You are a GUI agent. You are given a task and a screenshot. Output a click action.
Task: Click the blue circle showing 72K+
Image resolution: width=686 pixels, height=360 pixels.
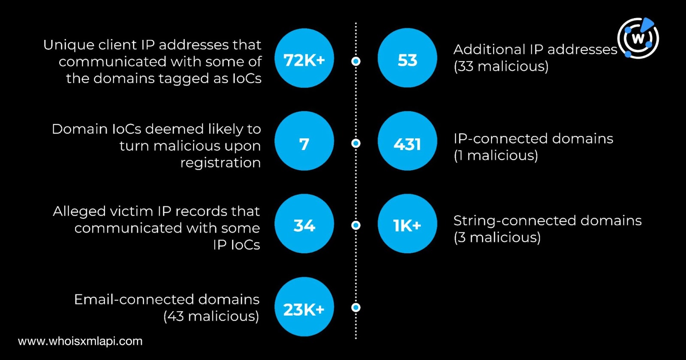click(304, 58)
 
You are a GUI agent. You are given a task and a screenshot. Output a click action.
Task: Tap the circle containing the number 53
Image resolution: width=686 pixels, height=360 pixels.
click(407, 58)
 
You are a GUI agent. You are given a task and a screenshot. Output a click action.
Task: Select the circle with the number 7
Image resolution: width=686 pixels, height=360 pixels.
click(304, 141)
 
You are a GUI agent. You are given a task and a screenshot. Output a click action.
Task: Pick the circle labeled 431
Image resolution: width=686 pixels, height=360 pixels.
click(407, 141)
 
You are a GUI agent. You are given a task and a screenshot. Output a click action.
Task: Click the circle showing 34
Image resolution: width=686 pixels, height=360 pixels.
click(304, 224)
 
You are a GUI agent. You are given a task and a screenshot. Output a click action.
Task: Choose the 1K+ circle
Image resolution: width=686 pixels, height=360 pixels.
click(407, 224)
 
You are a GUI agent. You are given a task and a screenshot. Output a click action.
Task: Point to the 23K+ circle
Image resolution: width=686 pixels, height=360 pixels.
click(304, 307)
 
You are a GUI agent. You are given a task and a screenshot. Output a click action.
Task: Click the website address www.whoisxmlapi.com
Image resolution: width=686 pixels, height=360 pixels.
click(80, 341)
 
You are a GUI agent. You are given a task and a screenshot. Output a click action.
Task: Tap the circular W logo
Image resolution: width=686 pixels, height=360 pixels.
click(638, 38)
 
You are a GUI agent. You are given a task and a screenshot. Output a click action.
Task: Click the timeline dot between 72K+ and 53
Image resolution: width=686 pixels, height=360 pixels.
click(356, 61)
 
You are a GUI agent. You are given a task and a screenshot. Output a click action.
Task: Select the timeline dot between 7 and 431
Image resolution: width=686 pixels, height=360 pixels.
click(356, 143)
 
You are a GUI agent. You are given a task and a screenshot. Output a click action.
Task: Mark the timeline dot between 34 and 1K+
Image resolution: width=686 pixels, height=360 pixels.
click(356, 225)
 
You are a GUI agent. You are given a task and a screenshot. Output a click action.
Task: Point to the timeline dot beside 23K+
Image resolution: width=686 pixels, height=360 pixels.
click(356, 307)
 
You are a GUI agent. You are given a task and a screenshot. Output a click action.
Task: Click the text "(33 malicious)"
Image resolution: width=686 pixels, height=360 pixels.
click(501, 66)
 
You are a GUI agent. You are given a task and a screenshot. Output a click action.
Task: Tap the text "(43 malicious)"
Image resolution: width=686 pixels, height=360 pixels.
click(211, 316)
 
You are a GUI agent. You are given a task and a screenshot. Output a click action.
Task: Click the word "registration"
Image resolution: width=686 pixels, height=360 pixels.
click(220, 163)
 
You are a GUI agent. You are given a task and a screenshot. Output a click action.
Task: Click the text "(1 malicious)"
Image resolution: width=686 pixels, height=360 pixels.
click(496, 155)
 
